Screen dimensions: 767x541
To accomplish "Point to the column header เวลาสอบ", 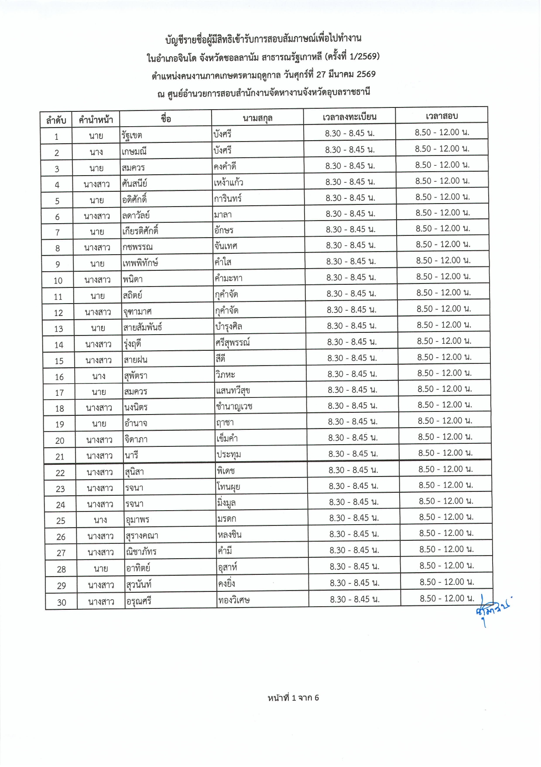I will click(442, 116).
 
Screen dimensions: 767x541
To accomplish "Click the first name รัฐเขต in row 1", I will click(132, 135).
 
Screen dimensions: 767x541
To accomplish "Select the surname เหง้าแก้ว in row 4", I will click(228, 183).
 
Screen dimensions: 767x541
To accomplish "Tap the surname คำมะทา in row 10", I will click(228, 278).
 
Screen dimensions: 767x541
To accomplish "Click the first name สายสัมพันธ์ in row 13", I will click(143, 327).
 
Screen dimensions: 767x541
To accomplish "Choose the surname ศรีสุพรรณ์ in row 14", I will click(233, 343).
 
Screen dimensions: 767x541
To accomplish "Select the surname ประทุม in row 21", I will click(229, 455).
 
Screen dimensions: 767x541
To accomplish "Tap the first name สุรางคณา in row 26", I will click(142, 536).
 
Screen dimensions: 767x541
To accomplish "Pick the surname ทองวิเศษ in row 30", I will click(234, 600).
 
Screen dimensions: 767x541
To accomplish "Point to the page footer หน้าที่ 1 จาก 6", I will click(293, 698).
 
